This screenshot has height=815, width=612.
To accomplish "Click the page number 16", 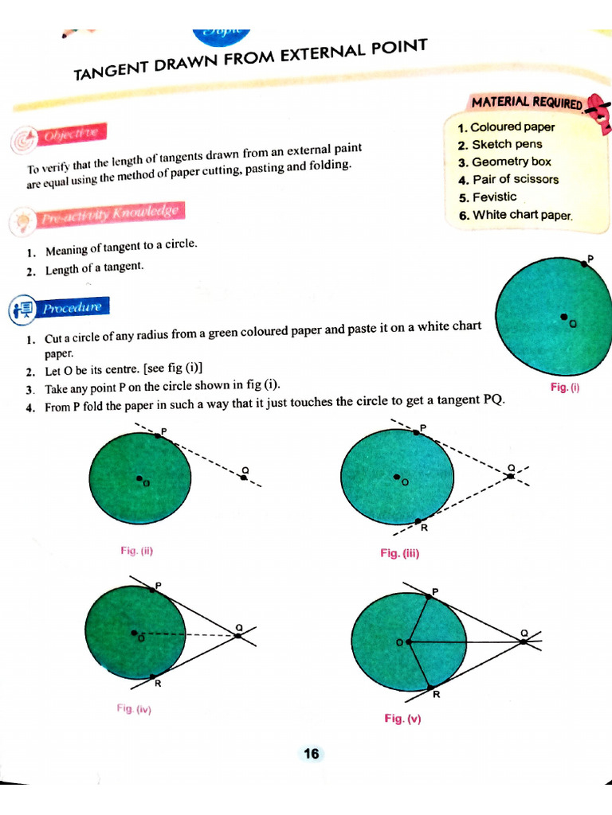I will tap(311, 753).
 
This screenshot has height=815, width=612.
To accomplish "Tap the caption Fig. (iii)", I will tap(399, 553).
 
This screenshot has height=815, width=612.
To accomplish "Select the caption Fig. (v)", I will tap(402, 718).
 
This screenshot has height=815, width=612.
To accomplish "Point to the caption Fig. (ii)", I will tap(136, 550).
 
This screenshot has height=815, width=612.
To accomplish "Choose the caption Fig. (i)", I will tap(565, 387).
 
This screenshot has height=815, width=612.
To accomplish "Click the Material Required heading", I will tap(527, 103).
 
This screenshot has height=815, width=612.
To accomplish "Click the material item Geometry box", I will tap(511, 162).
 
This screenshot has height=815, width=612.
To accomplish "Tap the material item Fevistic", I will tap(494, 197).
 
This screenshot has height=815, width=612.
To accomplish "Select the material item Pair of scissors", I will tap(515, 179).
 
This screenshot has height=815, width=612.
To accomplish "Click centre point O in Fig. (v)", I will tap(408, 641).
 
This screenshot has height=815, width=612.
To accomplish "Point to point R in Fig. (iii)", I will tap(418, 521).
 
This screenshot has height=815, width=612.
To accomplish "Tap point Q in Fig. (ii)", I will tap(242, 477).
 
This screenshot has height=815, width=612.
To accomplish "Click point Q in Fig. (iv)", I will tap(237, 634).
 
